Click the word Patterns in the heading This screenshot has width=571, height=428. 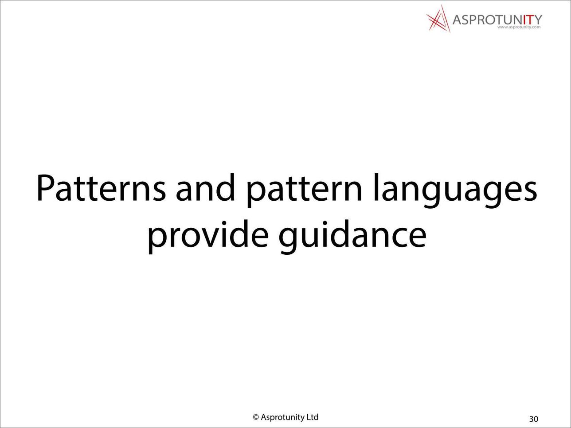click(101, 187)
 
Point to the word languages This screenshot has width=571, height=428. click(455, 191)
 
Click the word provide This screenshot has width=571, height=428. click(208, 237)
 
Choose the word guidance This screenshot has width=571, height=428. click(352, 237)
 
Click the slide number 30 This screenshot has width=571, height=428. click(534, 419)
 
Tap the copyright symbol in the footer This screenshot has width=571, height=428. click(256, 417)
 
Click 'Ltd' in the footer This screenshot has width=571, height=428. click(313, 417)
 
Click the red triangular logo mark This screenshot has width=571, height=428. click(438, 19)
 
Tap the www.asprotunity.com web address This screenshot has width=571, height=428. click(519, 27)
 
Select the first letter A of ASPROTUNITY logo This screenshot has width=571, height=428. click(458, 20)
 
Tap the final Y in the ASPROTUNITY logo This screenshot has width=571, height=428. click(538, 20)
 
